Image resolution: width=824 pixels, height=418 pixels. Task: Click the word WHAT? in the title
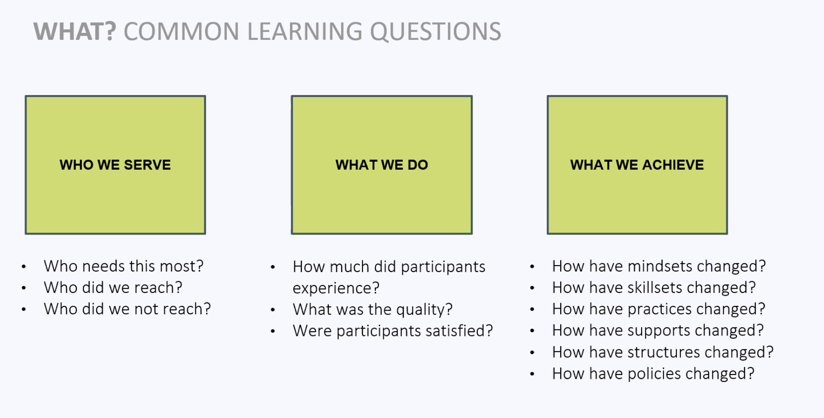pos(75,32)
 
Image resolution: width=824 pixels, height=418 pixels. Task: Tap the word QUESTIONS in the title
pos(435,32)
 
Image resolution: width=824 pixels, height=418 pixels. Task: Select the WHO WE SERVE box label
pos(115,165)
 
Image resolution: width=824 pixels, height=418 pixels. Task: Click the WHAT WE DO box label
pos(382,165)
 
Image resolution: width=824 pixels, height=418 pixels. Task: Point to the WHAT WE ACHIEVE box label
pos(637,165)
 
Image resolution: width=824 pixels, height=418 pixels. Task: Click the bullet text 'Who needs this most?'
pos(124,266)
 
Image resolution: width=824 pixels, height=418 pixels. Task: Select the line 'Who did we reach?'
pos(113,287)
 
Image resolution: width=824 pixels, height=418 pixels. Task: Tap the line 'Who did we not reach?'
pos(127,309)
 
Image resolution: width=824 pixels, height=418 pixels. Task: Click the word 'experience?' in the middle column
pos(336,288)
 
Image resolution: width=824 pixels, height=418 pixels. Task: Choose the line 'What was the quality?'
pos(373,309)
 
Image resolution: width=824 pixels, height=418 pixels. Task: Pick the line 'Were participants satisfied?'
pos(393,330)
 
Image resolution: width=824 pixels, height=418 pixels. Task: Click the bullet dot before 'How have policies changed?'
pos(532,374)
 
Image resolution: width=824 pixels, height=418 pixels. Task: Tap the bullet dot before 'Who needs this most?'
pos(24,266)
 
